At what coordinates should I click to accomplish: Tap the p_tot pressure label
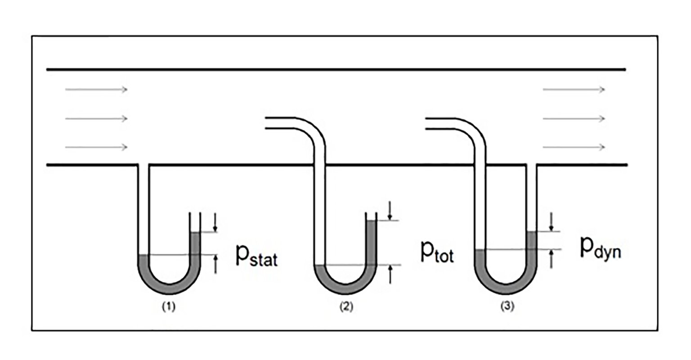(x=437, y=252)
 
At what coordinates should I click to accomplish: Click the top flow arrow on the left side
(x=96, y=90)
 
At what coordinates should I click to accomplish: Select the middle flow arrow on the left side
(x=96, y=118)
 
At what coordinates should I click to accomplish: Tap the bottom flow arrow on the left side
(x=96, y=147)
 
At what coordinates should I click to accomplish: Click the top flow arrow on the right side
(x=574, y=90)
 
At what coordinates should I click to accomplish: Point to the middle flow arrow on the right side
(x=574, y=118)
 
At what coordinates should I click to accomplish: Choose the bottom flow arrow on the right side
(x=574, y=147)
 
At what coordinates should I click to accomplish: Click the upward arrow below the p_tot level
(x=390, y=274)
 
